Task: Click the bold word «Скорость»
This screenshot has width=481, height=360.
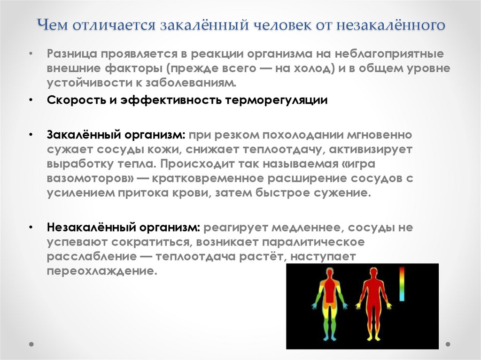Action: click(x=73, y=101)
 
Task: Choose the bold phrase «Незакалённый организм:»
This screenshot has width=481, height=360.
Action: click(x=124, y=228)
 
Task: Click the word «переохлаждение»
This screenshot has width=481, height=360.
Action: click(x=101, y=271)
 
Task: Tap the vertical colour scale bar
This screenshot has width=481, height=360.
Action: click(x=402, y=283)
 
